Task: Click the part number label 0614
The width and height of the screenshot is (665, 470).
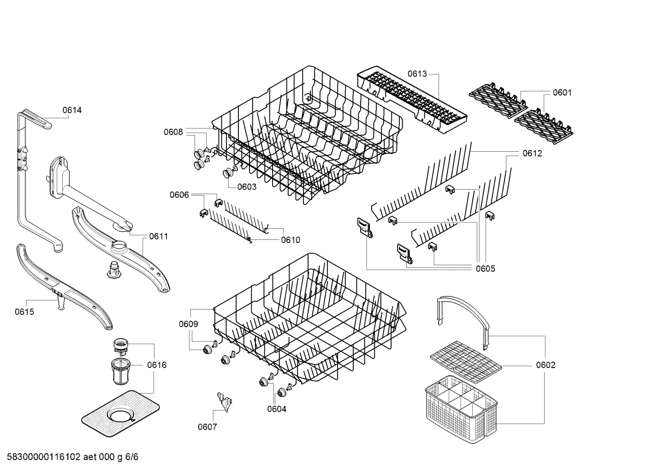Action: pos(72,110)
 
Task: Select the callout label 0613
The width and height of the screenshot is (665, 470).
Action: pos(417,74)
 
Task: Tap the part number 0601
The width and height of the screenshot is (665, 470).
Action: pos(562,92)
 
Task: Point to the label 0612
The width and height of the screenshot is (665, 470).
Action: pos(532,153)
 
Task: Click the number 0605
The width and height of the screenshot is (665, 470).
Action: pos(485,268)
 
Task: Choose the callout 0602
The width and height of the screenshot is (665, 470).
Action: pos(546,365)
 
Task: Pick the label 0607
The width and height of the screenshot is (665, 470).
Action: pos(207,427)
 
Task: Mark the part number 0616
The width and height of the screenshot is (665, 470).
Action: pos(157,365)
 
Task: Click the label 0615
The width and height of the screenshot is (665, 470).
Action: pos(24,312)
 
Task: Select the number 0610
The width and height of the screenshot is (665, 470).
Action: pos(290,240)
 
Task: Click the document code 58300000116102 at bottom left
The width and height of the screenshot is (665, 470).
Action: pos(44,457)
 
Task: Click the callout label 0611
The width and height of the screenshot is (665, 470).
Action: pos(158,236)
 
